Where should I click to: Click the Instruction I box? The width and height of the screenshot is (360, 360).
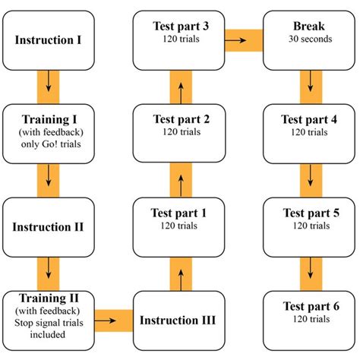click(x=49, y=37)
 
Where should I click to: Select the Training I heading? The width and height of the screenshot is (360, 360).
click(x=49, y=119)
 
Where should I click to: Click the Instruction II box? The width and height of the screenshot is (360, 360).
click(x=49, y=226)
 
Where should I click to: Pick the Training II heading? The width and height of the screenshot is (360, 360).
click(x=49, y=298)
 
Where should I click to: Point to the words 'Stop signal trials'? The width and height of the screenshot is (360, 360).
click(x=49, y=321)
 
